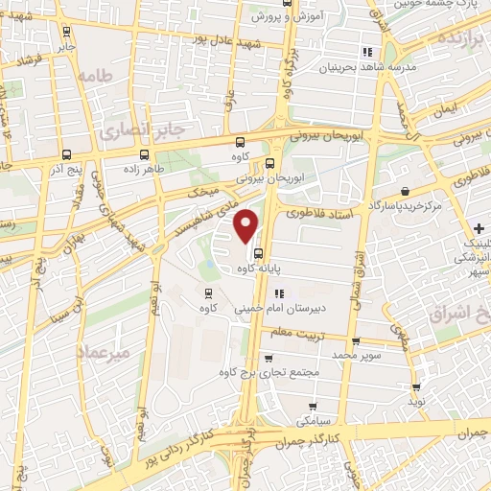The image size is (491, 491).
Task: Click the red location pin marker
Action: click(246, 225)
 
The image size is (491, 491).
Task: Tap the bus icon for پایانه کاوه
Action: click(260, 254)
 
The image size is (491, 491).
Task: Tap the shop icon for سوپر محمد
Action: click(356, 341)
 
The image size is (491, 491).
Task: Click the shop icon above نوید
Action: click(415, 389)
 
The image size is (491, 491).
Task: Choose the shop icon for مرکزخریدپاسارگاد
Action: click(409, 190)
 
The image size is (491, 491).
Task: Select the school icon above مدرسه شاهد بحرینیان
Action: click(366, 51)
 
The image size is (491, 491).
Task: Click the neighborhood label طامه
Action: click(97, 75)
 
